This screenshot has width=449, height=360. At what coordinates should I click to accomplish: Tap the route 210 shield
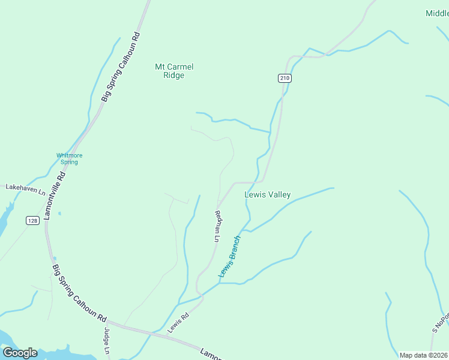pyautogui.click(x=285, y=78)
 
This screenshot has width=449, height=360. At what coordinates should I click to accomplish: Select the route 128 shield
pyautogui.click(x=32, y=221)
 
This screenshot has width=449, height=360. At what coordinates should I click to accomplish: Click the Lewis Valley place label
pyautogui.click(x=268, y=194)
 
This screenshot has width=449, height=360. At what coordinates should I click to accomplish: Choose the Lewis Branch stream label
pyautogui.click(x=229, y=256)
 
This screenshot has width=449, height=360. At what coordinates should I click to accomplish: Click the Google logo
pyautogui.click(x=19, y=353)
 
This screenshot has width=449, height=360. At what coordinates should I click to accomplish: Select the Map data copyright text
pyautogui.click(x=423, y=355)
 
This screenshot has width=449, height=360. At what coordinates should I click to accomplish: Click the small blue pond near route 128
pyautogui.click(x=59, y=213)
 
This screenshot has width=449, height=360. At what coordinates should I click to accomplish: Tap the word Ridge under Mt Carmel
pyautogui.click(x=174, y=76)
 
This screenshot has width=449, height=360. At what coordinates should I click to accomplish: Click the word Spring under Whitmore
pyautogui.click(x=70, y=162)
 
